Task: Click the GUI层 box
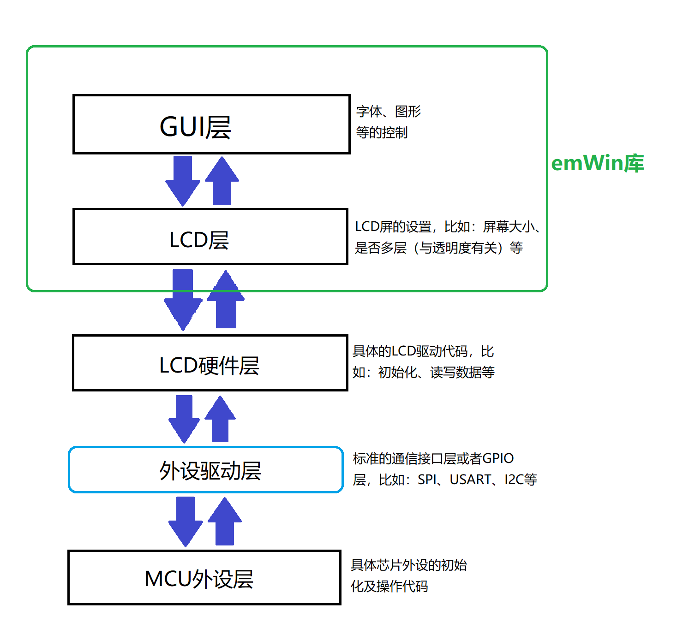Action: tap(211, 124)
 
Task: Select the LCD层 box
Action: tap(210, 237)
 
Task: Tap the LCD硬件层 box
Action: tap(210, 363)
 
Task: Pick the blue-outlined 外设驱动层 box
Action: tap(206, 470)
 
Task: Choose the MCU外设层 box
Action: tap(204, 578)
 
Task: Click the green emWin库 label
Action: tap(597, 163)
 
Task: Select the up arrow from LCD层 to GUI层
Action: tap(222, 181)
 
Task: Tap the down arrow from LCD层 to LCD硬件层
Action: tap(183, 300)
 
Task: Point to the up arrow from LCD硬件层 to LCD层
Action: tap(226, 300)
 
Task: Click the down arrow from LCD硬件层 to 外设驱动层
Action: tap(184, 419)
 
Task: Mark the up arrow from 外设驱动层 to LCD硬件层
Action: tap(220, 419)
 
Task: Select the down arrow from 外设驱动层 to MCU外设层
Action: tap(186, 521)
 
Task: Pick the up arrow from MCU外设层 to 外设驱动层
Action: tap(225, 521)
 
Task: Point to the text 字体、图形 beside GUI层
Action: tap(389, 112)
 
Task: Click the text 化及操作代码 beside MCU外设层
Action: tap(389, 587)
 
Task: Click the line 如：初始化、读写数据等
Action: tap(423, 373)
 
